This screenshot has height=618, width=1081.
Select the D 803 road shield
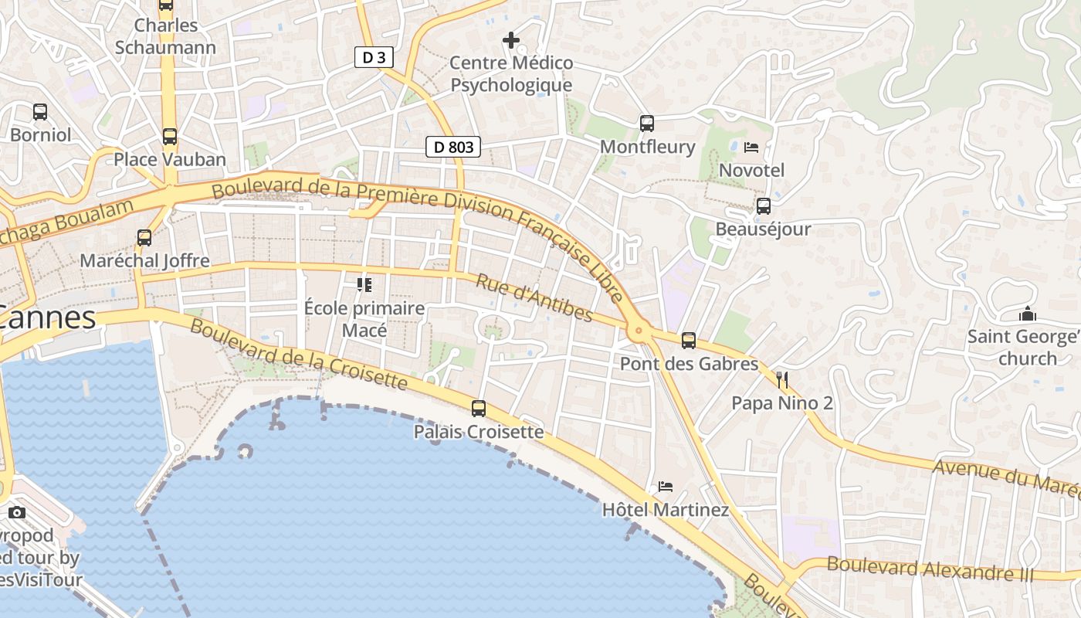[453, 147]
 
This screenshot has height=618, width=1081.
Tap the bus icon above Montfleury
[647, 123]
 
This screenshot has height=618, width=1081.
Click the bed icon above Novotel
[751, 147]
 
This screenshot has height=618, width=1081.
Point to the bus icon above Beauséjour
[764, 206]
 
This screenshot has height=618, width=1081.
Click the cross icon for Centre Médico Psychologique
[511, 39]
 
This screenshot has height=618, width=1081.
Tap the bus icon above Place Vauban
[170, 137]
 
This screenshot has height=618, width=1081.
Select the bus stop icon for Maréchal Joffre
[144, 238]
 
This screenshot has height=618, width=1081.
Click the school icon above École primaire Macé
[364, 285]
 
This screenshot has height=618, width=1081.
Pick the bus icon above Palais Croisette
[479, 409]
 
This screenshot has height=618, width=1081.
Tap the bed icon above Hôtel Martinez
[666, 487]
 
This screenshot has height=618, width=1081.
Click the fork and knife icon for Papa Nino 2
[782, 379]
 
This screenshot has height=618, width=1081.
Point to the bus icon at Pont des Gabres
[689, 340]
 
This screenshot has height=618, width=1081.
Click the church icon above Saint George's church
[1027, 314]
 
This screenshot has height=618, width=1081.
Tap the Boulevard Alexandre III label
[930, 568]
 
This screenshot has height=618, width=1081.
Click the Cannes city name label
[48, 317]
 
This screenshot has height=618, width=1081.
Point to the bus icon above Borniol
[40, 112]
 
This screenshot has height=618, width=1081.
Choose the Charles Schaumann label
[165, 36]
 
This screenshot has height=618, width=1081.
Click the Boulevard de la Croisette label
[298, 355]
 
